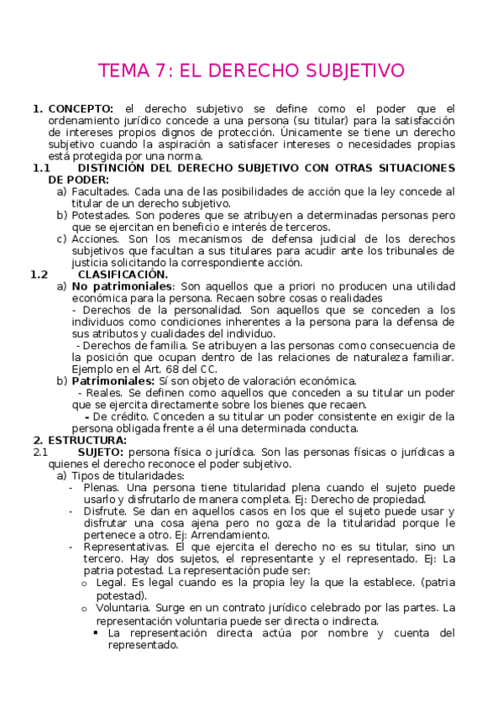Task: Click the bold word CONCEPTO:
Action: point(81,109)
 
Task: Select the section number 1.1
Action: point(42,168)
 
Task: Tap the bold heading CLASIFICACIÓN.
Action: point(123,275)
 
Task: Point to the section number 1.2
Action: point(39,275)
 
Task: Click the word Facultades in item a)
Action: point(99,191)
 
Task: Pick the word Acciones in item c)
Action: point(95,238)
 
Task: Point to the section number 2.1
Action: point(41,452)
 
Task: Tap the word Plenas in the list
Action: point(100,487)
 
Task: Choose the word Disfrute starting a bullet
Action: point(103,510)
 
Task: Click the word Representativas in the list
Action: point(121,546)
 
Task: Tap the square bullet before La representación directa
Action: point(97,632)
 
